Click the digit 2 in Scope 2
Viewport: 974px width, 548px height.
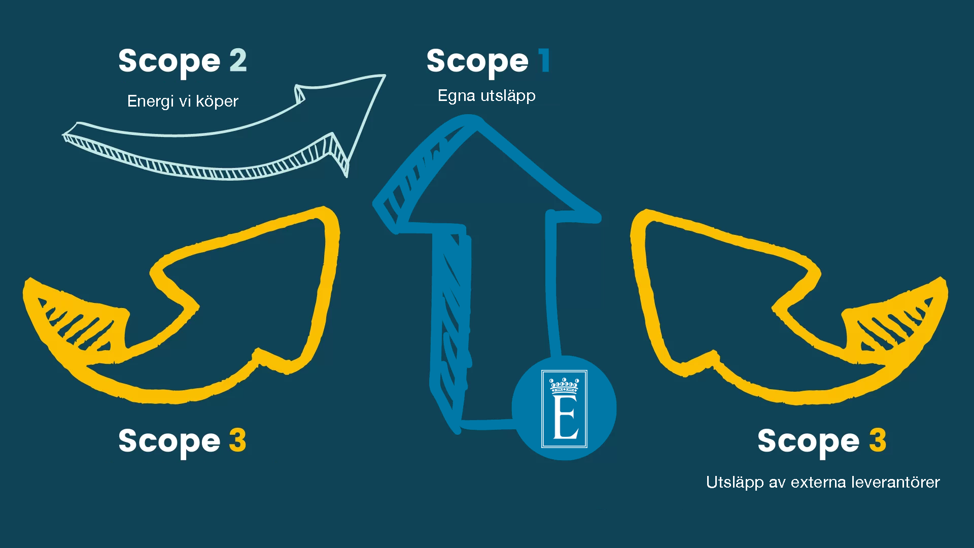(x=238, y=61)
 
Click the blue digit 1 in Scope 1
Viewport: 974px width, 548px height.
(x=544, y=61)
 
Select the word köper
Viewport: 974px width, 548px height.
(x=217, y=101)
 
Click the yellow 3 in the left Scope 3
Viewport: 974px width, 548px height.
(x=237, y=440)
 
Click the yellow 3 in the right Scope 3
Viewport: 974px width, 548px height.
(x=878, y=440)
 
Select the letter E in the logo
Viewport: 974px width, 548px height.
(x=565, y=417)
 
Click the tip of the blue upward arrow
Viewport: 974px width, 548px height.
(x=474, y=122)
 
